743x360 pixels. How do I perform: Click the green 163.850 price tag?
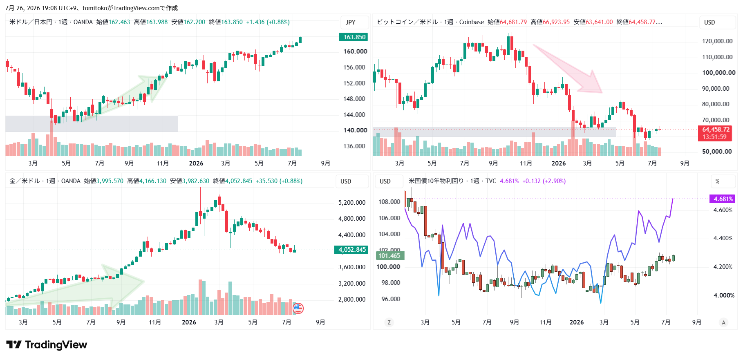click(354, 37)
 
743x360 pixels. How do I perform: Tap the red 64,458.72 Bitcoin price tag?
click(715, 133)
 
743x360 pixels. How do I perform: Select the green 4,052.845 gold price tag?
click(351, 250)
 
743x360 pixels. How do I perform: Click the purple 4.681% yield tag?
click(723, 199)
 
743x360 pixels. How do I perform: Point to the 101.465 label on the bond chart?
click(390, 256)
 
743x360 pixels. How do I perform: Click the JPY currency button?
click(350, 22)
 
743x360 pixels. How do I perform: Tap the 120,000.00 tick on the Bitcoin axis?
click(717, 41)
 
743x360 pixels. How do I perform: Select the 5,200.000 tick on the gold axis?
click(352, 203)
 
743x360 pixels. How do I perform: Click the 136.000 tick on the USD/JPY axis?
click(354, 146)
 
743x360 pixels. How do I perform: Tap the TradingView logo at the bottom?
click(47, 345)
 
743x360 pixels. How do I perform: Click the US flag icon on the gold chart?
click(298, 309)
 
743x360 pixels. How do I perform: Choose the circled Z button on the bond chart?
click(389, 322)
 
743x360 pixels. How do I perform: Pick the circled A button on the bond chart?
click(723, 322)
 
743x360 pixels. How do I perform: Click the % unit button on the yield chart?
click(717, 181)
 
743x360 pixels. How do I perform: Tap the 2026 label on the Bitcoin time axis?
click(559, 163)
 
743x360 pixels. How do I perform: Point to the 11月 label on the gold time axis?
click(155, 322)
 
